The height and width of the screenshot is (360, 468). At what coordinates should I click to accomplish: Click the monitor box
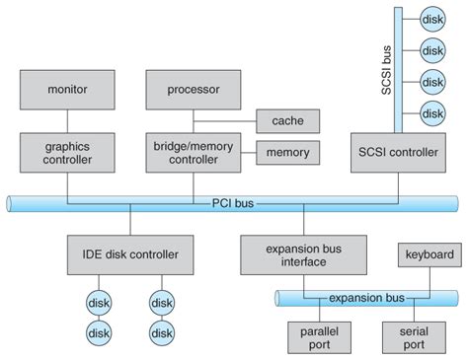[x=68, y=90]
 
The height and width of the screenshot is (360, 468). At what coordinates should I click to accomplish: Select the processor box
[x=194, y=90]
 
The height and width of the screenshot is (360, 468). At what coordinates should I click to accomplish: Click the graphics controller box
[x=68, y=152]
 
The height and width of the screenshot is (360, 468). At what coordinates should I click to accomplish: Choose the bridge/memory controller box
[x=194, y=152]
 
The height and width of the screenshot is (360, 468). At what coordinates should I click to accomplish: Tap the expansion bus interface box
[x=292, y=253]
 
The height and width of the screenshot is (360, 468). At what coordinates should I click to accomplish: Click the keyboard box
[x=429, y=254]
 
